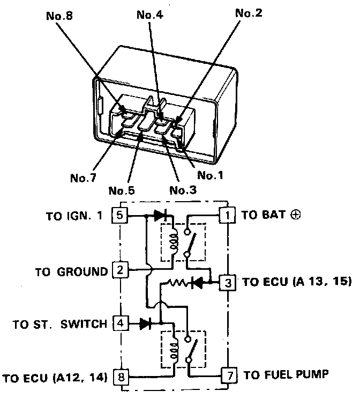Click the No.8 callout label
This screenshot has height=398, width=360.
point(59,16)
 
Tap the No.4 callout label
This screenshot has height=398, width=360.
point(149,14)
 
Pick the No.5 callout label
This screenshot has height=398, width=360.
point(122,190)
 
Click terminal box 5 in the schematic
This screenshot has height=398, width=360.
point(119,216)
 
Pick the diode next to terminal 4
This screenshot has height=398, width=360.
point(145,323)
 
